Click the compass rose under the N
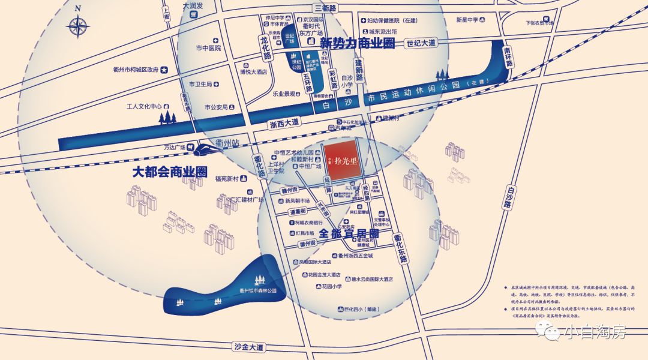pyautogui.click(x=78, y=27)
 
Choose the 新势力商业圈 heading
pyautogui.click(x=357, y=43)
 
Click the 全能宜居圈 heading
pyautogui.click(x=349, y=233)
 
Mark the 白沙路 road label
pyautogui.click(x=508, y=196)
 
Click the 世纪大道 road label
pyautogui.click(x=421, y=43)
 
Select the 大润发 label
pyautogui.click(x=193, y=5)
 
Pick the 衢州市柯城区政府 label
pyautogui.click(x=136, y=70)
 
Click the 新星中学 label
pyautogui.click(x=467, y=20)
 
